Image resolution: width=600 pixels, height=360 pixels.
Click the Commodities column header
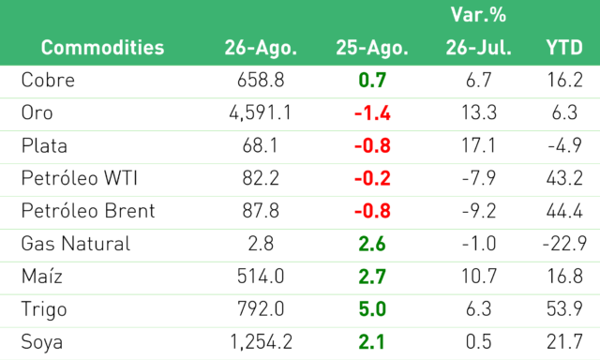102,48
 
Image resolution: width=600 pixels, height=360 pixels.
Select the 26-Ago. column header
261,48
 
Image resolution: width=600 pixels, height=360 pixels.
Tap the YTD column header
564,48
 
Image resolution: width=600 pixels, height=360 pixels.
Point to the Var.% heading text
478,15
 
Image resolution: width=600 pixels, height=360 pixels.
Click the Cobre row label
48,80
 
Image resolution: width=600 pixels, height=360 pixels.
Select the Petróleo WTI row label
79,178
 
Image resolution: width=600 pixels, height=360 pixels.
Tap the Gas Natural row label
76,244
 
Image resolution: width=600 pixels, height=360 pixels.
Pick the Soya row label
42,342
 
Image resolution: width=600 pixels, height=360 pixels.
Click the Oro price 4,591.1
261,112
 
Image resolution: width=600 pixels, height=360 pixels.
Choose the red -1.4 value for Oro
372,113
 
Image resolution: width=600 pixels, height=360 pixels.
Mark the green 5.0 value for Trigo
372,309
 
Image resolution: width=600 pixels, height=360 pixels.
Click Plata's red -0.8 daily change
372,145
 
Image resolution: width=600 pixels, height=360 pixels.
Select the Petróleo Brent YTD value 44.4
564,211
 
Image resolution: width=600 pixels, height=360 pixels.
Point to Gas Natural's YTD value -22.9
564,244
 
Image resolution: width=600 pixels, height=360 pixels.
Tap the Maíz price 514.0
261,277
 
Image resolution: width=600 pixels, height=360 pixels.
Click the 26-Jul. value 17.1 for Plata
478,145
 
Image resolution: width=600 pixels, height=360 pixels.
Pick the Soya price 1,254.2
261,342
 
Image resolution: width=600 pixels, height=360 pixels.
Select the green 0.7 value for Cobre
372,81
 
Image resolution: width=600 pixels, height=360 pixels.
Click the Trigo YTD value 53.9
564,309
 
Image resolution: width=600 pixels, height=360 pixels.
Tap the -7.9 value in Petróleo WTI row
478,178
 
